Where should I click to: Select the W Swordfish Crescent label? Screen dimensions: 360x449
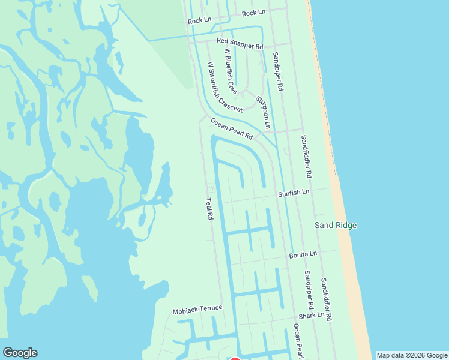(224, 88)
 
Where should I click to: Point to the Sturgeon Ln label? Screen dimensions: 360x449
(263, 113)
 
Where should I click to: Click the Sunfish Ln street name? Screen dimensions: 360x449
(293, 193)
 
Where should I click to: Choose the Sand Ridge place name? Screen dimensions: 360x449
(336, 225)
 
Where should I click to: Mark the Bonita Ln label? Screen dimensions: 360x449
(303, 254)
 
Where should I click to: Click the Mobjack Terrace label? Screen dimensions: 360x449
(197, 310)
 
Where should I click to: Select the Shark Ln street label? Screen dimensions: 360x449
(312, 315)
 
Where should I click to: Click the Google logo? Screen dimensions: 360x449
(20, 353)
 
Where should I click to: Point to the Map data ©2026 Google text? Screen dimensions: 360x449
(412, 355)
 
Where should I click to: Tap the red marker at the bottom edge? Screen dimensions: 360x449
(235, 358)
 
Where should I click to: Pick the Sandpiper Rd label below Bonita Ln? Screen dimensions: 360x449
(308, 290)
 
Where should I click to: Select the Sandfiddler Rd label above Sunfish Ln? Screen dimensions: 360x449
(306, 156)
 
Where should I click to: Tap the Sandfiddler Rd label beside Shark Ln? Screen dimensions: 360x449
(326, 298)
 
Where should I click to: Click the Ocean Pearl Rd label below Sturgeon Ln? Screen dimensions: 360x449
(232, 128)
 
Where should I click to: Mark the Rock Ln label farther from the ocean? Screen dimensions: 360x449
(200, 20)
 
